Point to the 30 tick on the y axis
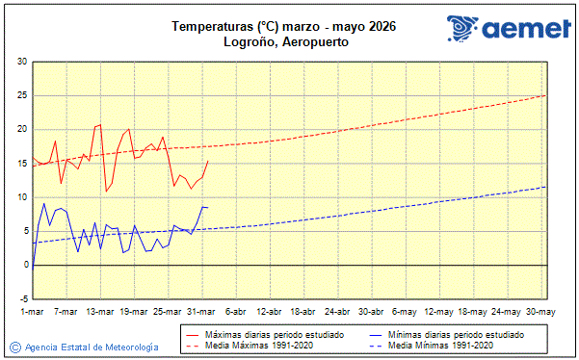(x=22, y=62)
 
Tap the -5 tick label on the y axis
(x=22, y=298)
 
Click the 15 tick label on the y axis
(x=22, y=164)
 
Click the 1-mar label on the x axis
(x=33, y=312)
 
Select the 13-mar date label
(x=100, y=312)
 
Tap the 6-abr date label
(x=235, y=312)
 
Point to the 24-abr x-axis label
(x=336, y=312)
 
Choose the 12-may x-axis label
(x=438, y=312)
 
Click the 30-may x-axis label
(x=540, y=312)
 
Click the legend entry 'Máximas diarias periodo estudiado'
(x=271, y=334)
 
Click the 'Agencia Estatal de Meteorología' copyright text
(x=92, y=347)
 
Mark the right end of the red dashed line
(x=545, y=95)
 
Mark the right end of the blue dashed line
(x=545, y=187)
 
